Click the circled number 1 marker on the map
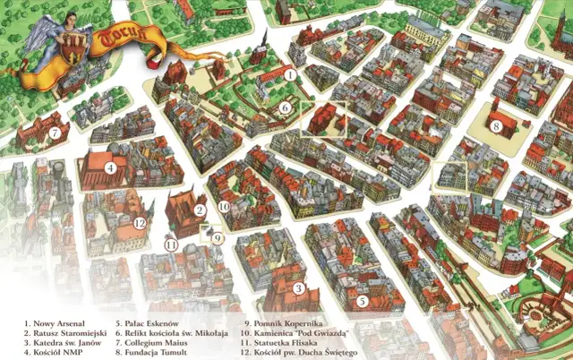pos(291,75)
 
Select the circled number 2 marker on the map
pos(201,210)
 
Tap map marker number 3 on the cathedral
pos(299,288)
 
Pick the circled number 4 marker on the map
pos(109,167)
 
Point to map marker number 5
pos(363,302)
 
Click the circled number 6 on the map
pos(284,107)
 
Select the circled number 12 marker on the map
pos(140,223)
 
